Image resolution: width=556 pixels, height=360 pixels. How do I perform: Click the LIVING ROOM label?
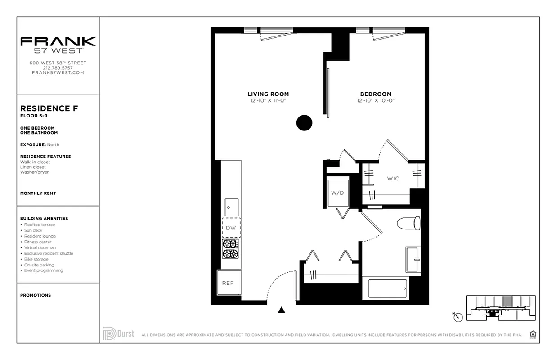pos(268,94)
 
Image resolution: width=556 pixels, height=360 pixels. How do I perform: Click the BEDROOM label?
pos(376,94)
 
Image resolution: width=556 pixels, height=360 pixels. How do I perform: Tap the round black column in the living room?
pos(304,122)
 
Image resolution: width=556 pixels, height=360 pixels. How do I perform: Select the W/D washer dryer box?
pos(337,193)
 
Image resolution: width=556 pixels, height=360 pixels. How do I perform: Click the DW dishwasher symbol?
pos(231,228)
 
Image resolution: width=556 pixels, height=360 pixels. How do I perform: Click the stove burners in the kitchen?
pos(230,248)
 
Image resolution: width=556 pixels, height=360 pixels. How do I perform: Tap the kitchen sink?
pos(232,207)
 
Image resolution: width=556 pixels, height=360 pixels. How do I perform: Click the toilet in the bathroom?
pos(409,223)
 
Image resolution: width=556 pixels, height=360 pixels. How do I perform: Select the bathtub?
pos(387,288)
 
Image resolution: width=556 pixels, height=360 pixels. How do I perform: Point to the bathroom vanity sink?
pos(413,260)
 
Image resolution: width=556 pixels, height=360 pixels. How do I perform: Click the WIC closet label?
pos(393,179)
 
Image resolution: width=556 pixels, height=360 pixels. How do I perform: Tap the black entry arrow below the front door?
pos(282,310)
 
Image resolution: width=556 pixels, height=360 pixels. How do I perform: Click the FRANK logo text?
pos(58,41)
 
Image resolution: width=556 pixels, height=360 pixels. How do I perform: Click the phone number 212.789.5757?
pos(58,68)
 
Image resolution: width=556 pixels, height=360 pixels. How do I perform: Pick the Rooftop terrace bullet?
pos(40,225)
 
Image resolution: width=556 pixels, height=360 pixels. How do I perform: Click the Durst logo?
pos(118,333)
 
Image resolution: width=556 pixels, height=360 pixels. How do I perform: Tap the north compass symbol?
pos(458,317)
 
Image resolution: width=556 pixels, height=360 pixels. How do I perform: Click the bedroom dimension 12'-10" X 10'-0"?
pos(376,101)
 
